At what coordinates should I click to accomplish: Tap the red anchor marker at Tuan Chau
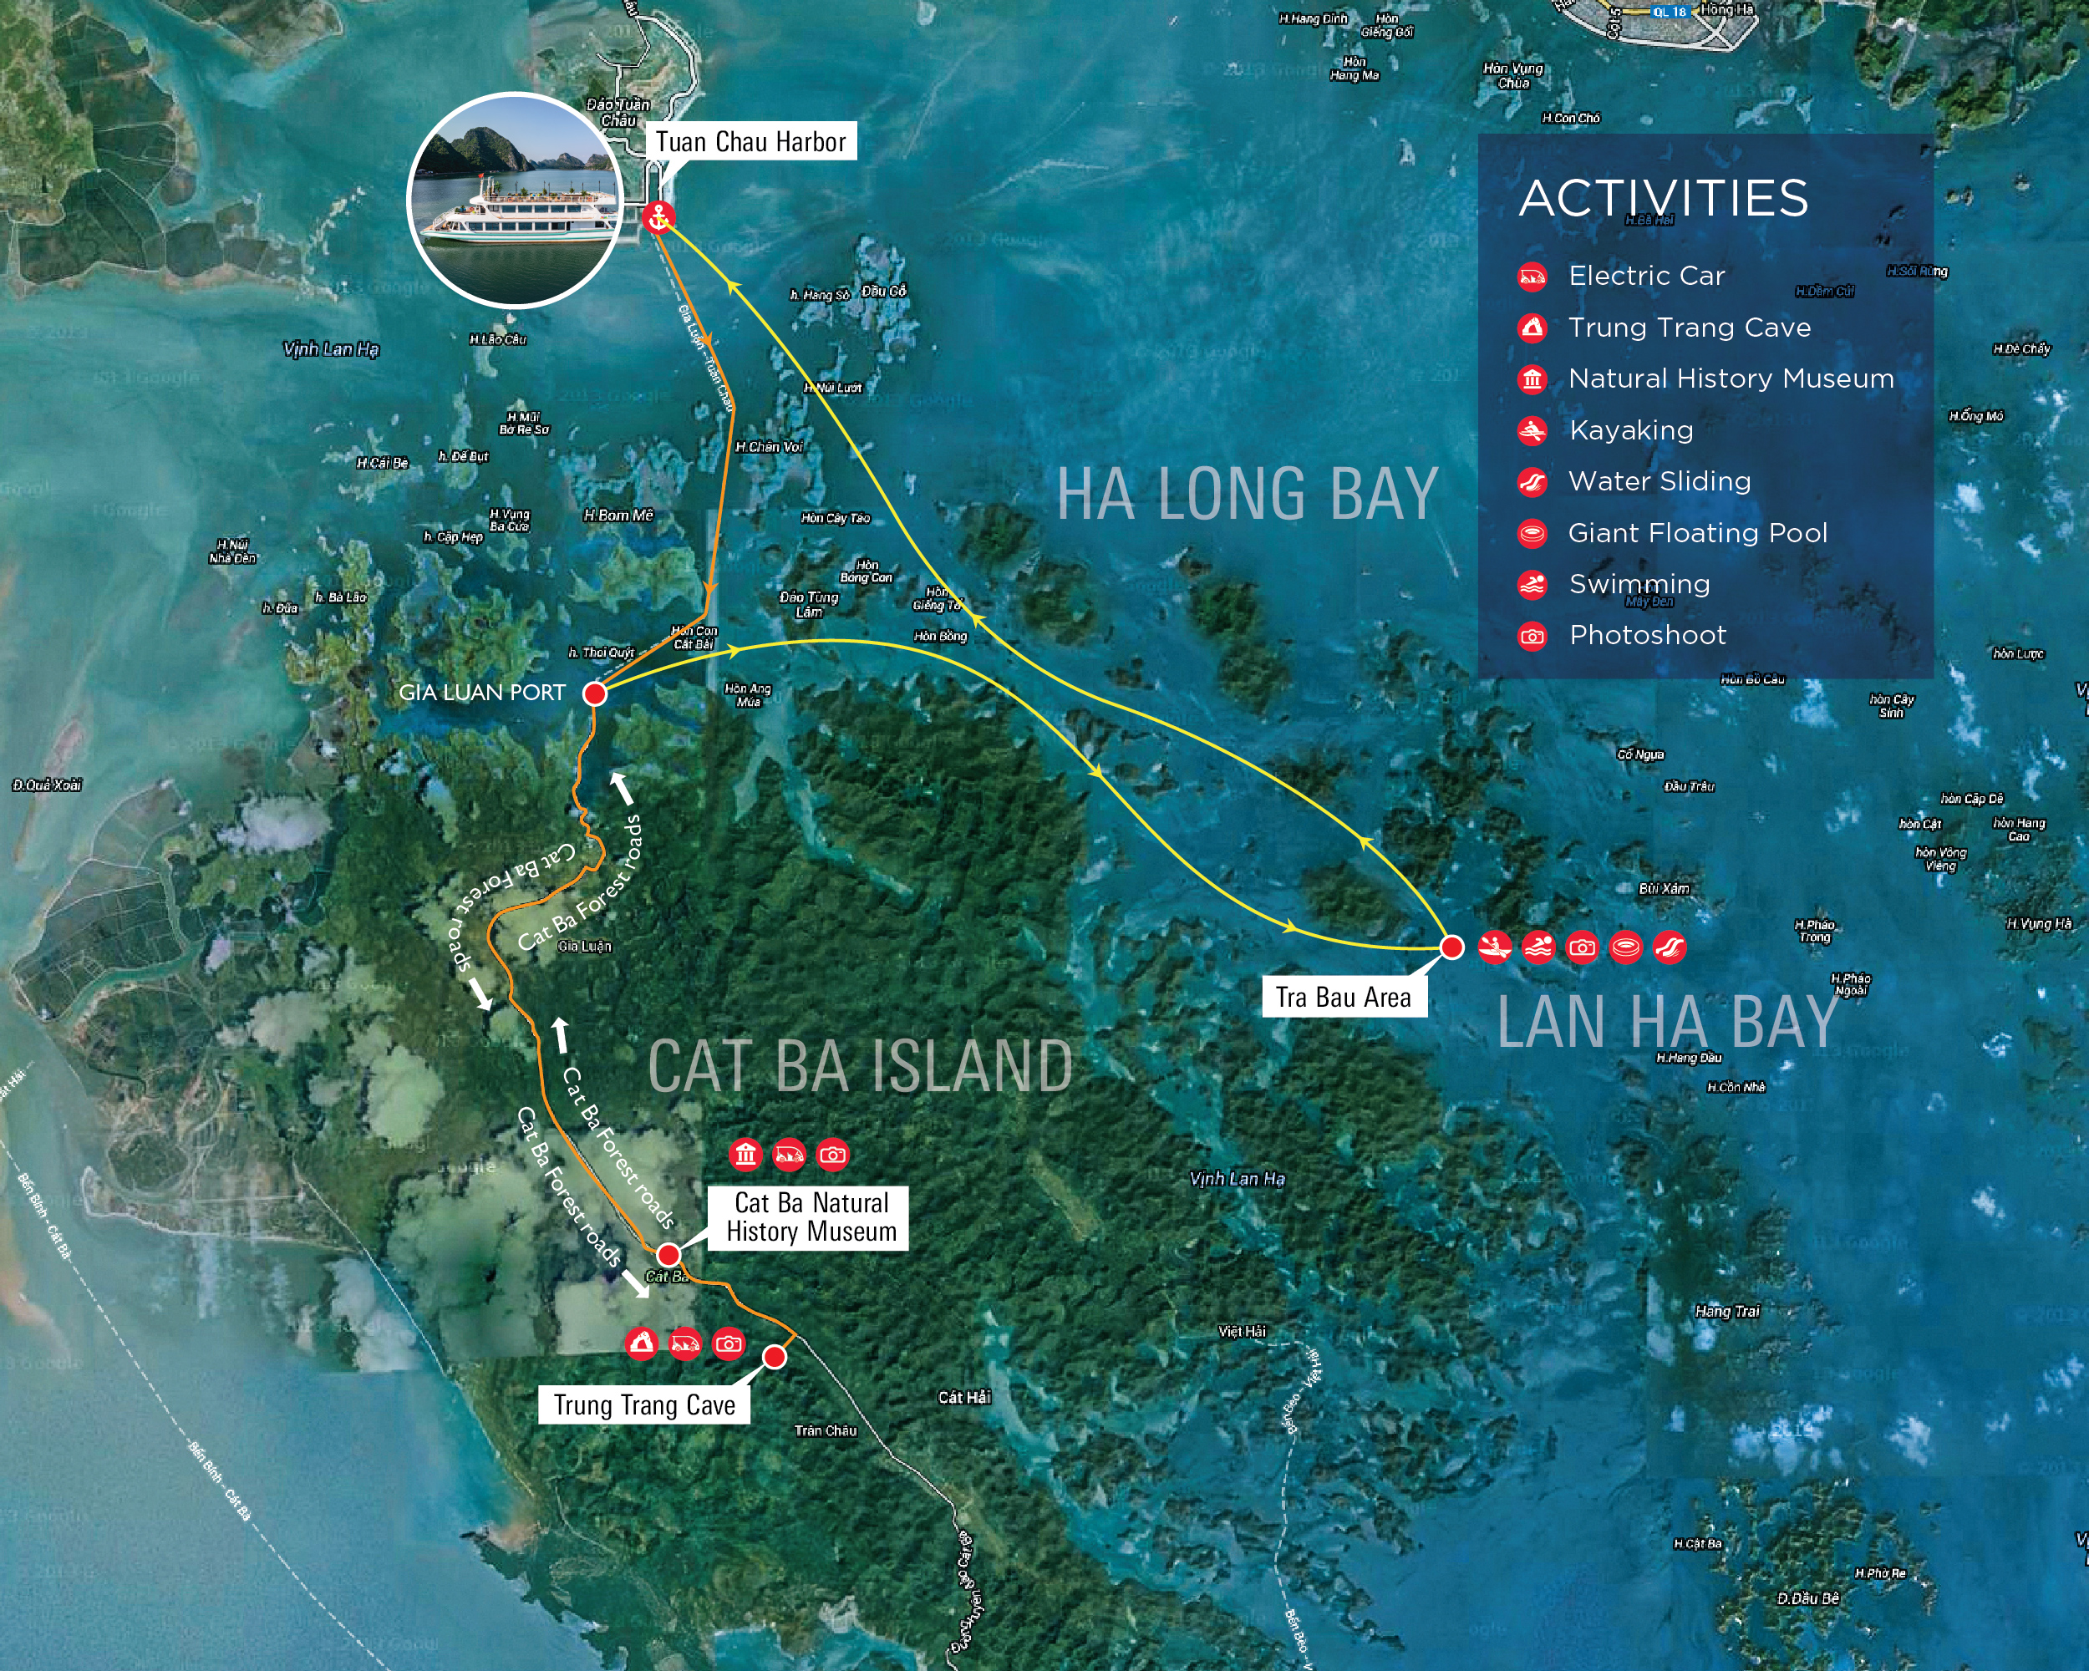[x=658, y=216]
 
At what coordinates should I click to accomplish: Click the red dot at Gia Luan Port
[x=595, y=693]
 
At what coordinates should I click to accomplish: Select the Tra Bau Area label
[x=1343, y=997]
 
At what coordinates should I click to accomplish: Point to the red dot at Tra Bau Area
[x=1451, y=947]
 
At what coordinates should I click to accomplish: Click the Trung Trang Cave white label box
[x=644, y=1404]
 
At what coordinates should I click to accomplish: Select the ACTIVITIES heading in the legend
[x=1663, y=199]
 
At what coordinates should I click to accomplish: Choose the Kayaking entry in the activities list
[x=1631, y=430]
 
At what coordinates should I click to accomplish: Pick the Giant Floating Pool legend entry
[x=1696, y=533]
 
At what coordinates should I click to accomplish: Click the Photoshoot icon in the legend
[x=1532, y=637]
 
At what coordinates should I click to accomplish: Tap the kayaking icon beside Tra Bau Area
[x=1495, y=947]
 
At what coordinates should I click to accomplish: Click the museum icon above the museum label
[x=745, y=1154]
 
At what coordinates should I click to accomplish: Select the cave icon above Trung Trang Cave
[x=640, y=1343]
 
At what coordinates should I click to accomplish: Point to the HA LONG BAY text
[x=1246, y=494]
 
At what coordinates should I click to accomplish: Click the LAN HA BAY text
[x=1666, y=1022]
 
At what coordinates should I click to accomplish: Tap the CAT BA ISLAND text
[x=861, y=1065]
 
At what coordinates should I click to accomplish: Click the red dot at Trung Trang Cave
[x=774, y=1357]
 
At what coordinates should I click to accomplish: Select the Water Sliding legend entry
[x=1659, y=481]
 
